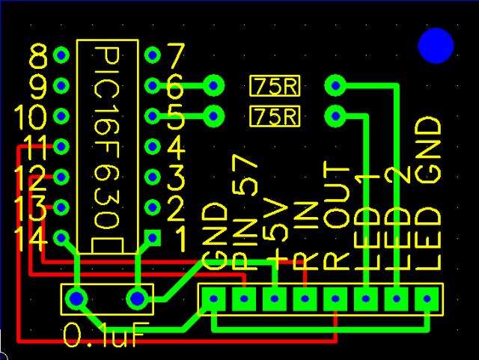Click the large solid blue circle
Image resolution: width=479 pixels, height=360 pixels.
436,46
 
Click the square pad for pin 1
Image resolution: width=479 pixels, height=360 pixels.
153,238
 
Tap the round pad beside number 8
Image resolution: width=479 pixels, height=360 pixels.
61,55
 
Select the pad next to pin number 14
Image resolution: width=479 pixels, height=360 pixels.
61,238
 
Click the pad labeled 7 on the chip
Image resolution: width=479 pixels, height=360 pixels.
153,55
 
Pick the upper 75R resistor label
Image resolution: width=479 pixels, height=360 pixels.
275,86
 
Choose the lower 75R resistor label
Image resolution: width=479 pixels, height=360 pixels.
275,116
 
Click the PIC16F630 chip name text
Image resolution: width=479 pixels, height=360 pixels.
106,138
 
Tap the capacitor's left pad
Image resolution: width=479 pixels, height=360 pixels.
76,299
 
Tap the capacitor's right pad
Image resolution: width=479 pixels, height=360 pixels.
137,299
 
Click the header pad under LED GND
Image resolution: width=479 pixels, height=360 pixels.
427,299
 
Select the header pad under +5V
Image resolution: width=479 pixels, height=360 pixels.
275,299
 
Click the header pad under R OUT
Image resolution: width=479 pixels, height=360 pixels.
335,299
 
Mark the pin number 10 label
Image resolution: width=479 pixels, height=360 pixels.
31,117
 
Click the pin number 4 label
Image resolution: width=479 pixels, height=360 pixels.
177,147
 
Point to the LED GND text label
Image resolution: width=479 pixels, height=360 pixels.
428,193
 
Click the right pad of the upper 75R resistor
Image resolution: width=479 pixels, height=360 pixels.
335,85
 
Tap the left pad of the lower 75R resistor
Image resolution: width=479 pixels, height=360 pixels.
213,116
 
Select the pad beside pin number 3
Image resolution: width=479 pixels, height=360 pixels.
153,177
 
